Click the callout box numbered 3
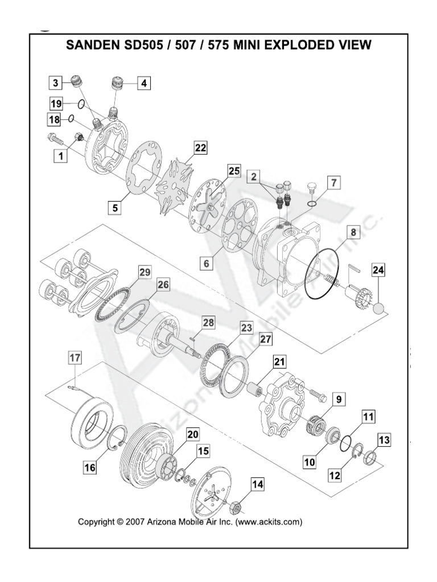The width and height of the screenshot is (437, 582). pyautogui.click(x=55, y=83)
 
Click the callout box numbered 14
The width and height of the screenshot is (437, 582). pyautogui.click(x=258, y=485)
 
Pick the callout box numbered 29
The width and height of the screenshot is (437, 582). pyautogui.click(x=145, y=273)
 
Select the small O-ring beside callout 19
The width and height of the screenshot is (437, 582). pyautogui.click(x=82, y=104)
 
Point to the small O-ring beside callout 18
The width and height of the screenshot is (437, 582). pyautogui.click(x=72, y=119)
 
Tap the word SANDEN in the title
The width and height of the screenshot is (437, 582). pyautogui.click(x=92, y=44)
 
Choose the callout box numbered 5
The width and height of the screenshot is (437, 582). pyautogui.click(x=116, y=208)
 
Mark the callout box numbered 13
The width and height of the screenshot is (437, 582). pyautogui.click(x=384, y=439)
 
